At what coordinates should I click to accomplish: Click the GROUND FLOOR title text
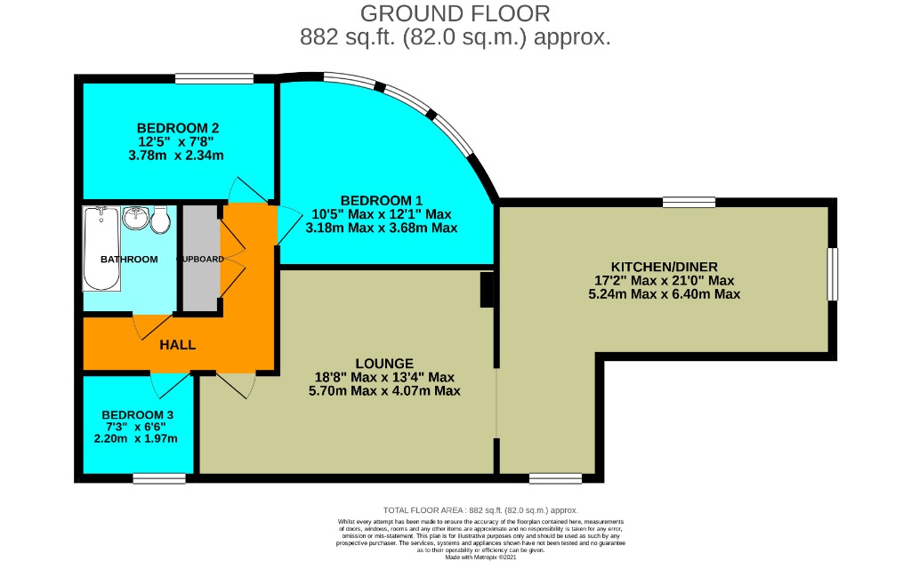point(455,13)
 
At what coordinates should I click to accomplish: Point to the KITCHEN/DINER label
point(664,266)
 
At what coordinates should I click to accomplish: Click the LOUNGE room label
point(383,363)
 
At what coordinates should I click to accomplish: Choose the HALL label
point(178,345)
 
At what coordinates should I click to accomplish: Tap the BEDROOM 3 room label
point(137,414)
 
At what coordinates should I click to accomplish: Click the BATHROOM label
point(129,260)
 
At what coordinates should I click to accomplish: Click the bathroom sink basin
point(136,217)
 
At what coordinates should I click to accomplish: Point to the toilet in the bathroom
point(161,220)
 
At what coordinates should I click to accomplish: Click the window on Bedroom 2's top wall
point(212,79)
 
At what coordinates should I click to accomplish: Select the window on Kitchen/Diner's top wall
point(689,202)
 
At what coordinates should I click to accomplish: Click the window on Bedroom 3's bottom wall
point(159,478)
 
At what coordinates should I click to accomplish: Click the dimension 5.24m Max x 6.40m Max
point(664,293)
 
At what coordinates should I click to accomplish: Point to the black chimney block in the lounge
point(486,290)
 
